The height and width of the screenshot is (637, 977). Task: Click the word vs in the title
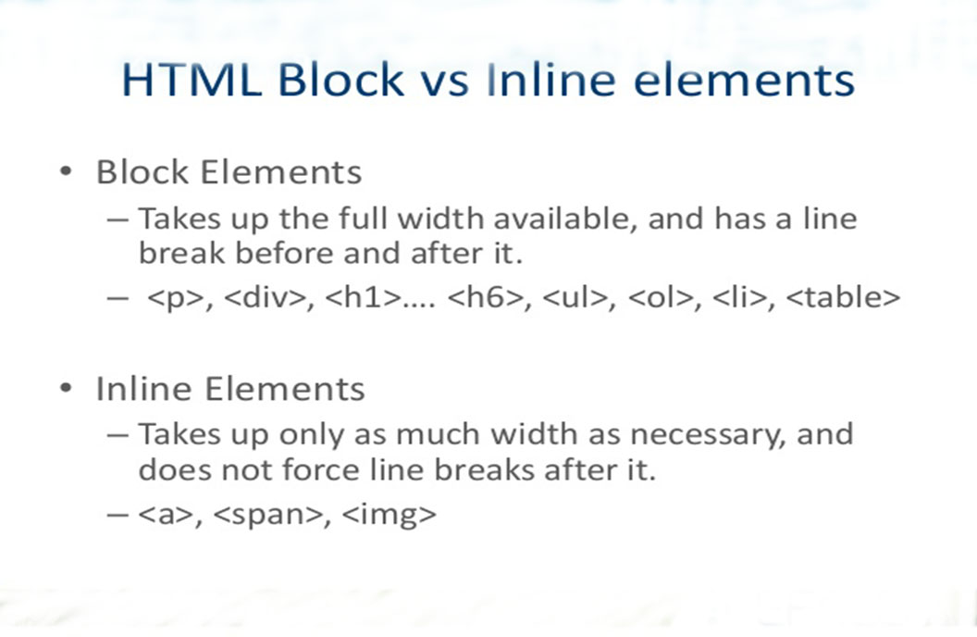(443, 81)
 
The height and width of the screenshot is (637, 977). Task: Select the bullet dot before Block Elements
(64, 172)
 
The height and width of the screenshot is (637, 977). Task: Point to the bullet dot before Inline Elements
(64, 389)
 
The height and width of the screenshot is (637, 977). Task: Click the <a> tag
(166, 516)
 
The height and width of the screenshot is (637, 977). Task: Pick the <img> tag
(389, 516)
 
